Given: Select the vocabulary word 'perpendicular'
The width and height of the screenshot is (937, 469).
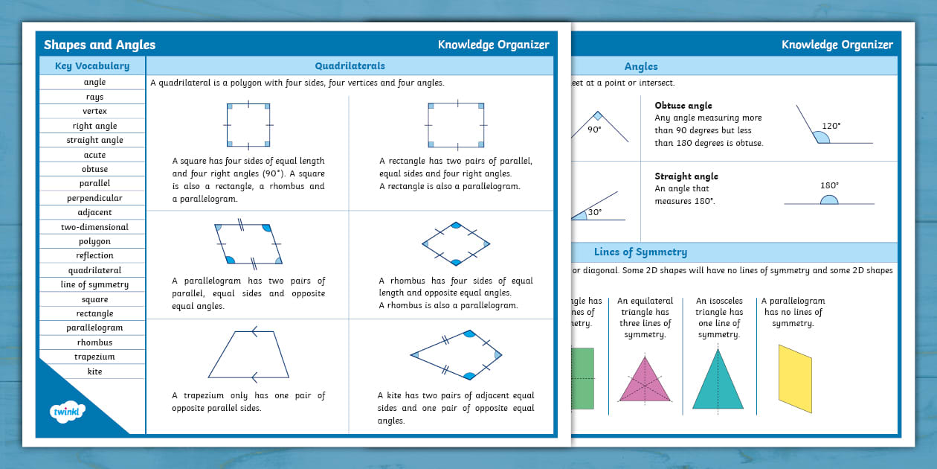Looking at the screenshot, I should coord(94,198).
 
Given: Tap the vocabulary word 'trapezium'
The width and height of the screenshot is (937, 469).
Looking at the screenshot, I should coord(94,357).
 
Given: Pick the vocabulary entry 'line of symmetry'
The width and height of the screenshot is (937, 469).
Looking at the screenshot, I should coord(94,284).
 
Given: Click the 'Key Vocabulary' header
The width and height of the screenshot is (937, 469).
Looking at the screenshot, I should coord(92,66).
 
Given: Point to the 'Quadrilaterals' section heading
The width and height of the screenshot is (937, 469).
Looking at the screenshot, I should coord(350,66).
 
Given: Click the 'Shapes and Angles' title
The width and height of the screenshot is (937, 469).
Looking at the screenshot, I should coord(100,45).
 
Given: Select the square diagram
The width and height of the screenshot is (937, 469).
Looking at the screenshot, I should coord(249,124).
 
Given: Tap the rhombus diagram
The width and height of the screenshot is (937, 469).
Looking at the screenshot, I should coord(456,243).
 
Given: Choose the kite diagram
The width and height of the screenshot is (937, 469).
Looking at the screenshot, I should coord(457,355).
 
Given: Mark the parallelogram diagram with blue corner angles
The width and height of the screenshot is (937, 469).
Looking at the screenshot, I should coord(248,243).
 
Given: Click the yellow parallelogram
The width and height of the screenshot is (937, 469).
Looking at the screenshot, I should coord(795,377).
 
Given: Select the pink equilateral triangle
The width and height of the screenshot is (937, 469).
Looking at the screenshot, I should coord(644,380).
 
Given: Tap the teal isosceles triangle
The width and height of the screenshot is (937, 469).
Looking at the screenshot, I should coord(718,380).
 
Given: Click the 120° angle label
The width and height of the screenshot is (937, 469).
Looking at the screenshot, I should coord(831,127).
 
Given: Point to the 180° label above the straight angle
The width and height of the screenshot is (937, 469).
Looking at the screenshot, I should coord(828,185).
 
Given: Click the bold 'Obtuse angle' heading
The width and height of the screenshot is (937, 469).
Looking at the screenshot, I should coord(683,106).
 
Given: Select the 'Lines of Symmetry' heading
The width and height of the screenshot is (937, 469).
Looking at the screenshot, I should coord(640,252).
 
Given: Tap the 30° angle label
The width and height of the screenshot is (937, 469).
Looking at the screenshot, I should coord(594,212).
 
